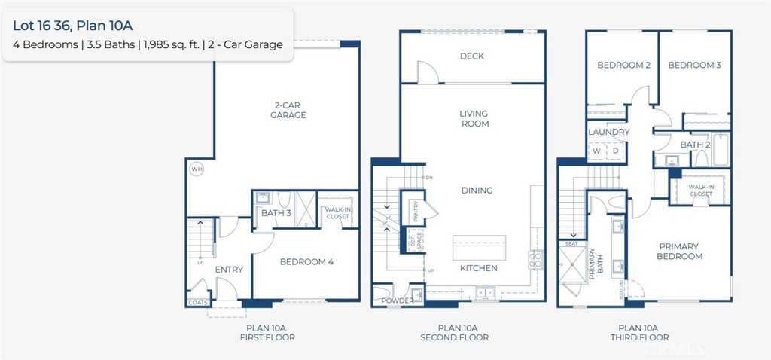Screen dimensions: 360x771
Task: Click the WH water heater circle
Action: click(197, 169)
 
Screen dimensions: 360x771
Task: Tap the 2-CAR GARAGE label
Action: click(288, 110)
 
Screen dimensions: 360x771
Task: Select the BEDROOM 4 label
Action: click(306, 262)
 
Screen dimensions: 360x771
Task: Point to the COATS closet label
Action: click(197, 303)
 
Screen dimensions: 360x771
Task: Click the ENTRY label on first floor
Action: click(229, 270)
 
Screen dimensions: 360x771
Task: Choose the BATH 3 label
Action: click(276, 213)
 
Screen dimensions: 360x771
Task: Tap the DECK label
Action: click(471, 56)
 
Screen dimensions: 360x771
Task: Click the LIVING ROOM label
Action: click(474, 118)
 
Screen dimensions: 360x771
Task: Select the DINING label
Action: click(477, 191)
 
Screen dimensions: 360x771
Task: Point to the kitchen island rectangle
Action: click(479, 247)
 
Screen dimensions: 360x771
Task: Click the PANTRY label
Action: click(415, 209)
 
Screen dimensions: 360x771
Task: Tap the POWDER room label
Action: click(397, 301)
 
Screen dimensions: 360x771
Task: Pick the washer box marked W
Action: click(596, 151)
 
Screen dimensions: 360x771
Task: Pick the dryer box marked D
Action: click(615, 151)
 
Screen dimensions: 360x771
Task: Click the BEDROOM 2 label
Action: click(623, 66)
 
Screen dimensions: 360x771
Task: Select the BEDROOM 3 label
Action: click(694, 66)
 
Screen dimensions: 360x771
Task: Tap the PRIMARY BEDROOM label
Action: click(680, 252)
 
